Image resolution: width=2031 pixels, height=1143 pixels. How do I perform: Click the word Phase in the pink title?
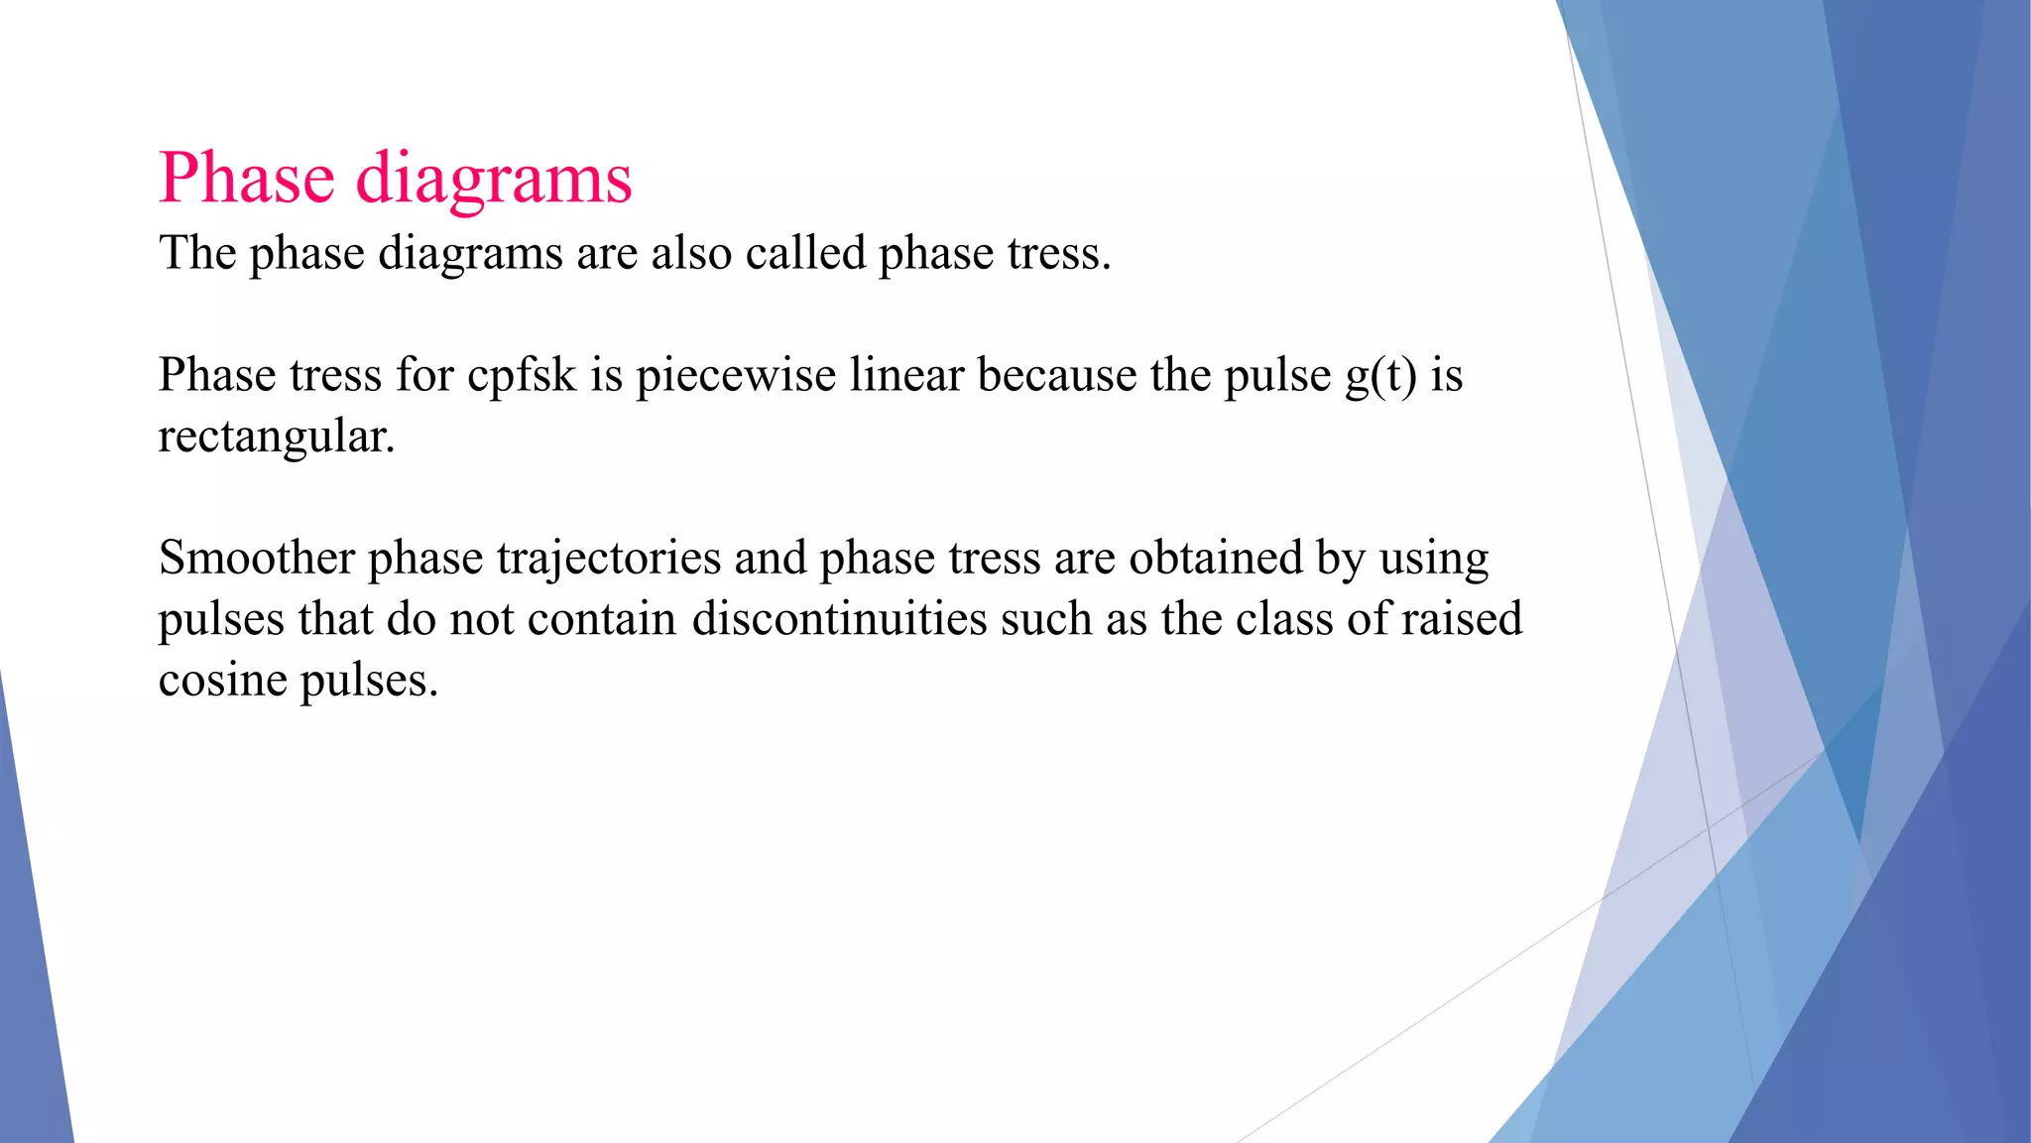point(246,179)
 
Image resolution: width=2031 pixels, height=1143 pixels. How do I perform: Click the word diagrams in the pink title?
point(493,181)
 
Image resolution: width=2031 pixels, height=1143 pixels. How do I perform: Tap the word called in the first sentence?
point(805,253)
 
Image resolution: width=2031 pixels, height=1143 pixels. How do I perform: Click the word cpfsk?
point(522,376)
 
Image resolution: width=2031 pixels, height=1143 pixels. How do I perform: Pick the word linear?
point(906,376)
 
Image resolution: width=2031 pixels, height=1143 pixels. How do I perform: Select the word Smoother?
point(256,558)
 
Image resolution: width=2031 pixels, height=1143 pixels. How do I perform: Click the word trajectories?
point(609,559)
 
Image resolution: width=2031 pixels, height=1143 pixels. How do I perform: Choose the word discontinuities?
point(839,619)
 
